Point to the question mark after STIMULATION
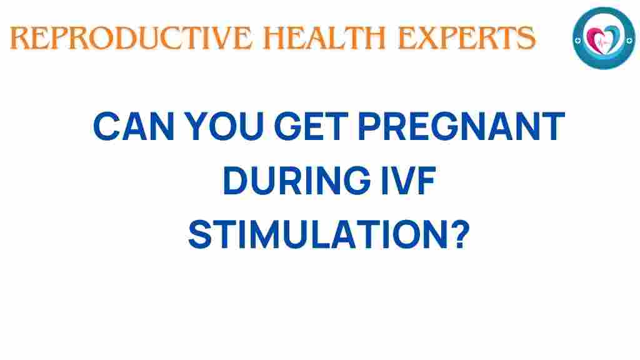(458, 234)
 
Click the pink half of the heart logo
(596, 36)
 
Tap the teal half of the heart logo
(610, 36)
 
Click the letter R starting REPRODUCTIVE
(19, 39)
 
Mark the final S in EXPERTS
(527, 39)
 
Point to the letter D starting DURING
(235, 181)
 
